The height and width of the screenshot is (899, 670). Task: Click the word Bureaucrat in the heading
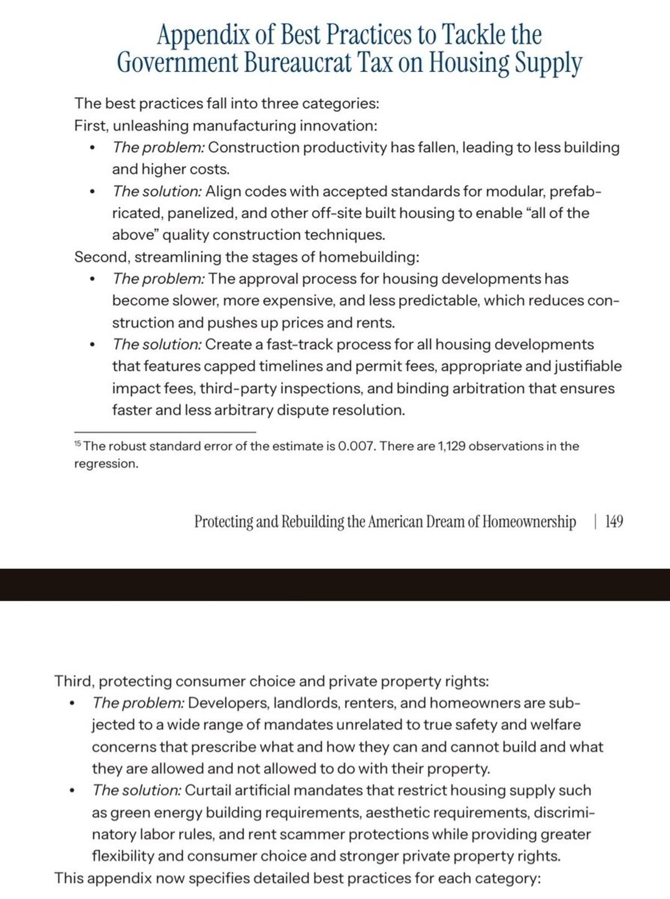tap(298, 62)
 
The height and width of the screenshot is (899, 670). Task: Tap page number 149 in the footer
tap(614, 522)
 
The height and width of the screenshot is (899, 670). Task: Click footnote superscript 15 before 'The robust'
tap(78, 444)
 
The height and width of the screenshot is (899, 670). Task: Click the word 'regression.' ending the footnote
tap(106, 464)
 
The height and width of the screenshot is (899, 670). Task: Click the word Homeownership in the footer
tap(529, 522)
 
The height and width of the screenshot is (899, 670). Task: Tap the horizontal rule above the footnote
tap(165, 432)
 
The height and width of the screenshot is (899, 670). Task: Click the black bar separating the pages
tap(335, 584)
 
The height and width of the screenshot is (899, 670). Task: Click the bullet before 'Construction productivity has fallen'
tap(92, 148)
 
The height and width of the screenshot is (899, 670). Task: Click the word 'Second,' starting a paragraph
tap(102, 257)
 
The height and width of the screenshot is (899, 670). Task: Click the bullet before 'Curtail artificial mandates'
tap(72, 791)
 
